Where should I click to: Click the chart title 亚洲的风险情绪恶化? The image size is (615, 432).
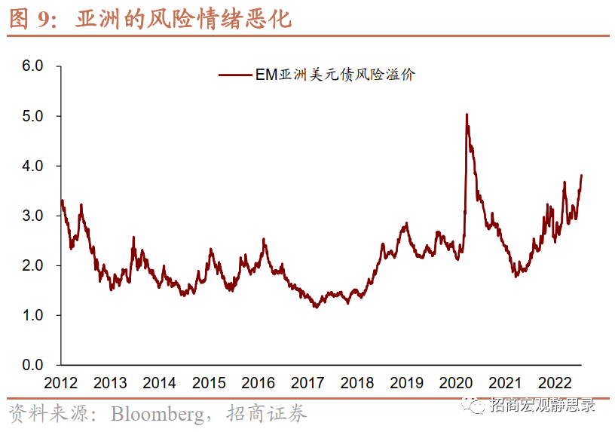[x=182, y=19]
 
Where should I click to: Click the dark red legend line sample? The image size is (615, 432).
[x=235, y=75]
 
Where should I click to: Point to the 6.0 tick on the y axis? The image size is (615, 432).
[x=32, y=66]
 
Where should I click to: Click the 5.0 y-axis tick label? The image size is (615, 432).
[x=32, y=116]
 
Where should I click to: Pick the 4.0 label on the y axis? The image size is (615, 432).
[x=32, y=166]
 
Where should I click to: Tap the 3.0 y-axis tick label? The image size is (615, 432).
[x=32, y=216]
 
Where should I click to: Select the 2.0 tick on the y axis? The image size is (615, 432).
[x=32, y=265]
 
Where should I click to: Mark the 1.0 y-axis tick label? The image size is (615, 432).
[x=32, y=315]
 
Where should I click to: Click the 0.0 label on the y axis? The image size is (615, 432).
[x=32, y=365]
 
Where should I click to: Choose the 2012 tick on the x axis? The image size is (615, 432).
[x=60, y=382]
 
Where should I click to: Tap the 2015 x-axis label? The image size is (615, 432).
[x=209, y=382]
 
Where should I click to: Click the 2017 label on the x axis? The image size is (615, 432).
[x=307, y=382]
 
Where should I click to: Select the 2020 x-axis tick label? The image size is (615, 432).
[x=456, y=382]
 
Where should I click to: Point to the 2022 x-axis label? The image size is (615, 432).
[x=555, y=382]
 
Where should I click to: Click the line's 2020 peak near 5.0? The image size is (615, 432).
[x=467, y=115]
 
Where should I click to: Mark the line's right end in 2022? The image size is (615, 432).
[x=582, y=176]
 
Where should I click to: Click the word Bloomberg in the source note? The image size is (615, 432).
[x=156, y=414]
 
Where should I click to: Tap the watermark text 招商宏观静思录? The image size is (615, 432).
[x=542, y=406]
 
